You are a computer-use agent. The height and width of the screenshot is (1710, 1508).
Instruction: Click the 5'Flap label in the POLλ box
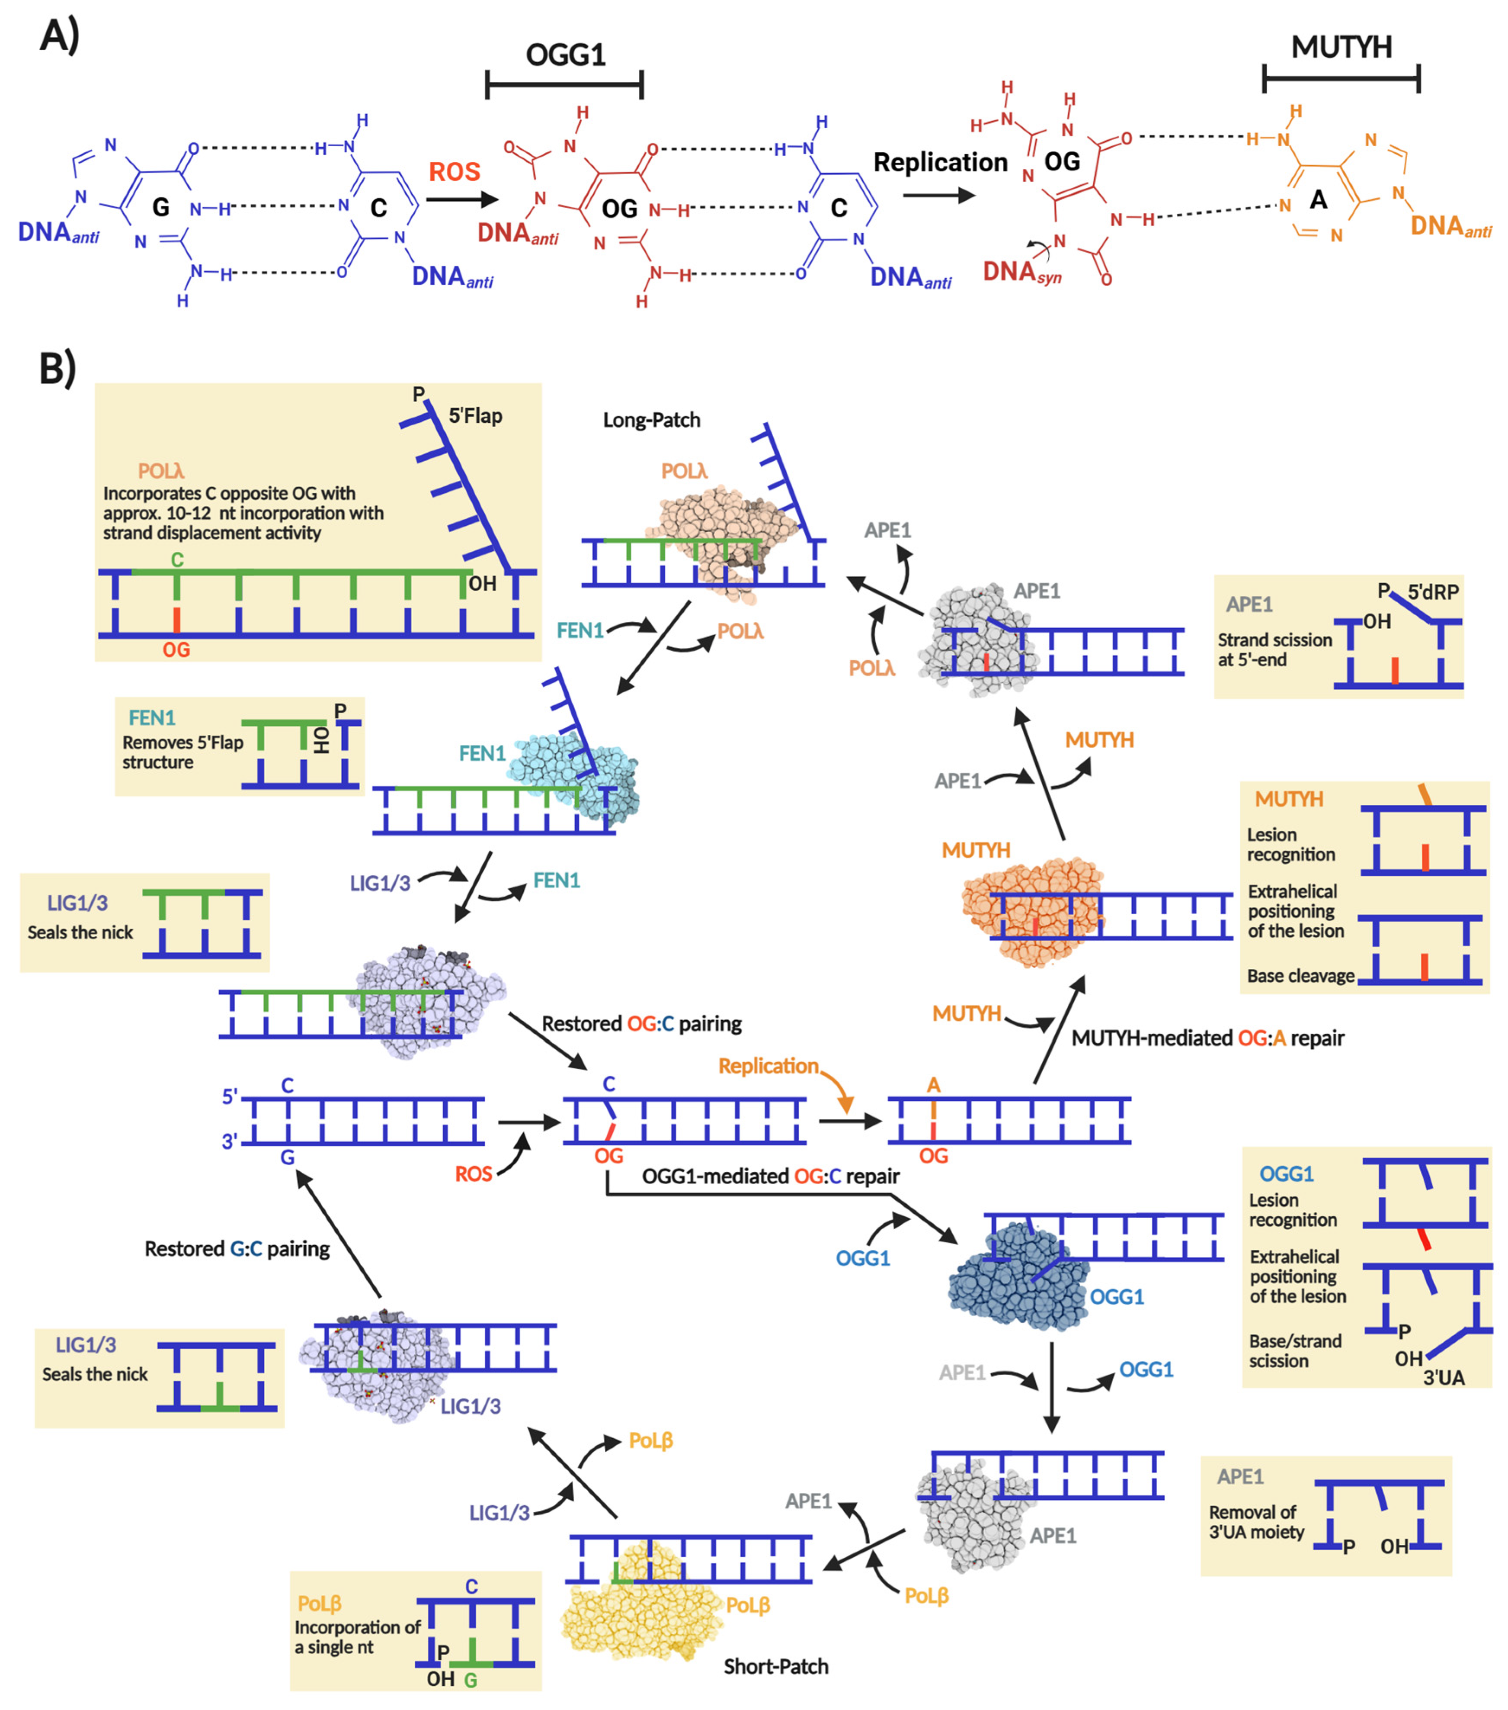475,416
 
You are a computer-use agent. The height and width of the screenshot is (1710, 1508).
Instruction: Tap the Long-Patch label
652,420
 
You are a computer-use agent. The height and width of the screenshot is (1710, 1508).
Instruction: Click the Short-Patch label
775,1666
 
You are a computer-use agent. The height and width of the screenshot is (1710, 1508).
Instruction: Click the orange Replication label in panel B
768,1066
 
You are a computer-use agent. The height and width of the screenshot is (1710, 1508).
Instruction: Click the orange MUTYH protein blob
1029,912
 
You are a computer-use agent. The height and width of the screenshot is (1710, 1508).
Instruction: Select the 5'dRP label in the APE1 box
1433,592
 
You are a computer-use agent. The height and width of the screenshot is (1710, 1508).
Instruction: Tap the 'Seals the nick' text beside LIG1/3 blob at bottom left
95,1374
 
